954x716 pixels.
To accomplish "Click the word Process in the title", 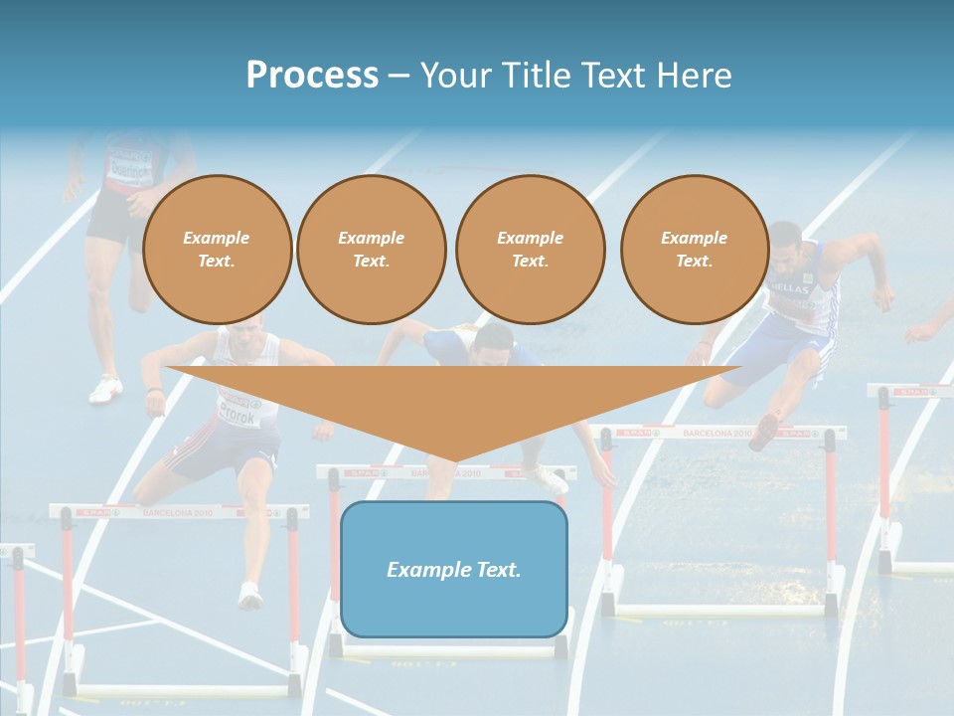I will pos(312,76).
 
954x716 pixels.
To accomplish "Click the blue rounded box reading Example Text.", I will pos(454,569).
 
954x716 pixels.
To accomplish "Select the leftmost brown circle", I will pos(217,250).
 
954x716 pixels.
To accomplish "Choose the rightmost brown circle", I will pos(695,250).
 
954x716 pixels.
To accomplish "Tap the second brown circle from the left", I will pos(371,250).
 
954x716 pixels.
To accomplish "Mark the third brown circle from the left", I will pos(530,250).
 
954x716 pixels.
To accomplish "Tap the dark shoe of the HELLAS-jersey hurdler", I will pos(764,431).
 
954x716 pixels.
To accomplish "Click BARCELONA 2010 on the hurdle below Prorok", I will pos(176,512).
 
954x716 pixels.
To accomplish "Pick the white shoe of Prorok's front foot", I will pos(249,596).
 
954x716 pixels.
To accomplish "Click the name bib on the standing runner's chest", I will pos(129,163).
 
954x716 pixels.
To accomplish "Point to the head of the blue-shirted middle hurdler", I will pos(492,344).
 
